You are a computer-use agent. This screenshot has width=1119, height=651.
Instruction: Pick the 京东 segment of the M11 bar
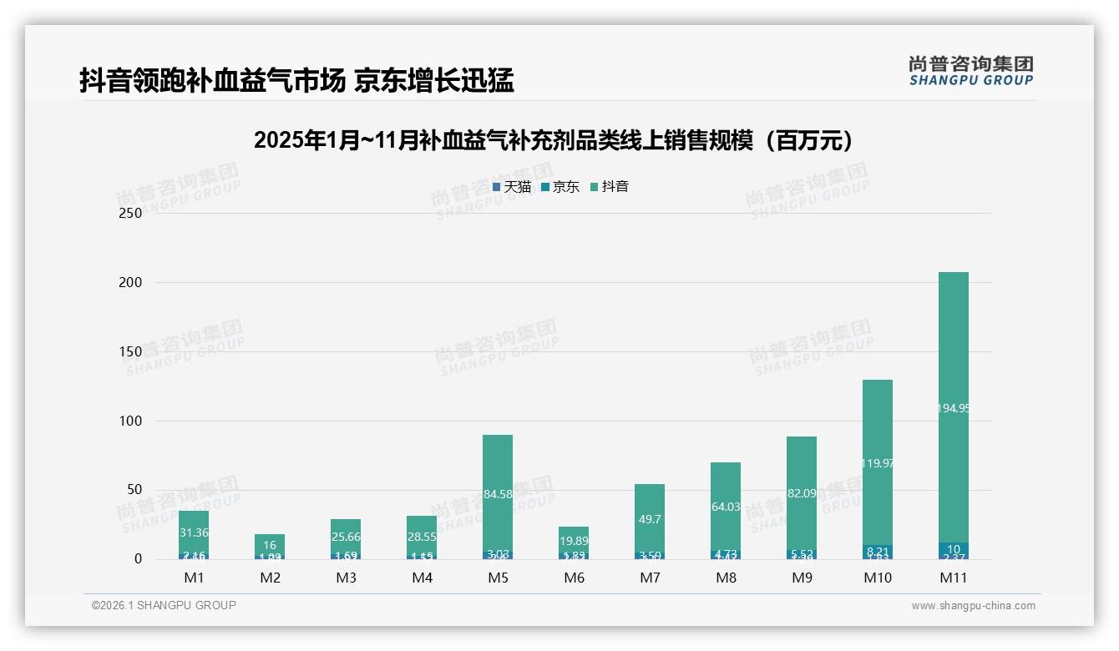(953, 549)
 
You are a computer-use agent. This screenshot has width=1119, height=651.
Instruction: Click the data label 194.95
(953, 408)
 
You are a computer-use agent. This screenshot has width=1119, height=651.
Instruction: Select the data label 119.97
(878, 463)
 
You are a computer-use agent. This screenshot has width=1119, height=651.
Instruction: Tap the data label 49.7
(649, 519)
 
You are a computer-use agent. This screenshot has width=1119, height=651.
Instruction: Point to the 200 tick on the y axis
(131, 283)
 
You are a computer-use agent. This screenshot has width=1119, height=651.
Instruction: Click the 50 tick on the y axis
(134, 490)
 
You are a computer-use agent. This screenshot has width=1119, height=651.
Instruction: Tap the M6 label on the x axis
(574, 578)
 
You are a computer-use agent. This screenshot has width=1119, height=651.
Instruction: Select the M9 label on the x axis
(801, 578)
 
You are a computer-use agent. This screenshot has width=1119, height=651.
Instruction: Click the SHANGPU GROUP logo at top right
(970, 71)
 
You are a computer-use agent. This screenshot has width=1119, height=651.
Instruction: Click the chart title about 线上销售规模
(558, 140)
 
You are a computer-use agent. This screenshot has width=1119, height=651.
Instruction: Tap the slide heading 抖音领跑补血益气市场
(296, 81)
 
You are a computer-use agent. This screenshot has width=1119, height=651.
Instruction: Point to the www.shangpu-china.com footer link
(973, 606)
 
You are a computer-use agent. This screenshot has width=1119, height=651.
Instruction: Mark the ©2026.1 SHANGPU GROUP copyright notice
(164, 605)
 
